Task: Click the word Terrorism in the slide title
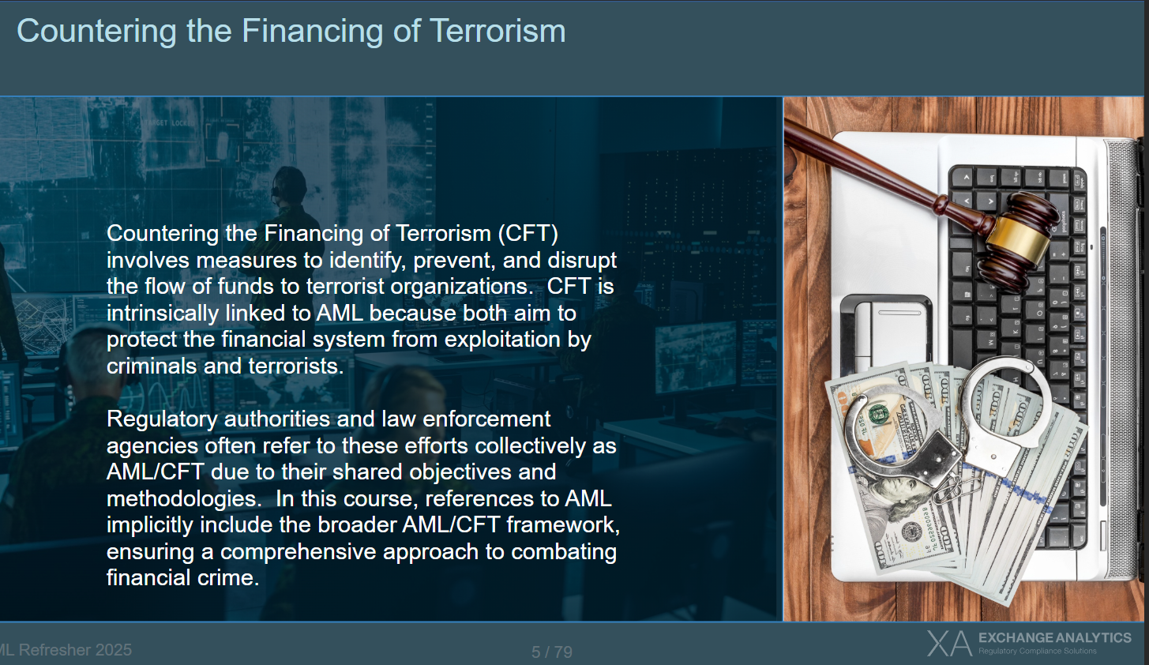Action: point(498,31)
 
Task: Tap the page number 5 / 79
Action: point(552,652)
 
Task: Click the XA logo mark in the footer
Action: point(949,644)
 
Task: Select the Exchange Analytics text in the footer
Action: point(1054,638)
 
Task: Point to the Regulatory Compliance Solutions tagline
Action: point(1037,651)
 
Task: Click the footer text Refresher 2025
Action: point(75,650)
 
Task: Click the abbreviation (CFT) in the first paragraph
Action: point(528,234)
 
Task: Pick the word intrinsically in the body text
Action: point(163,314)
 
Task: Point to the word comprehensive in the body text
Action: point(299,552)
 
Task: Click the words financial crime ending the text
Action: point(182,578)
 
